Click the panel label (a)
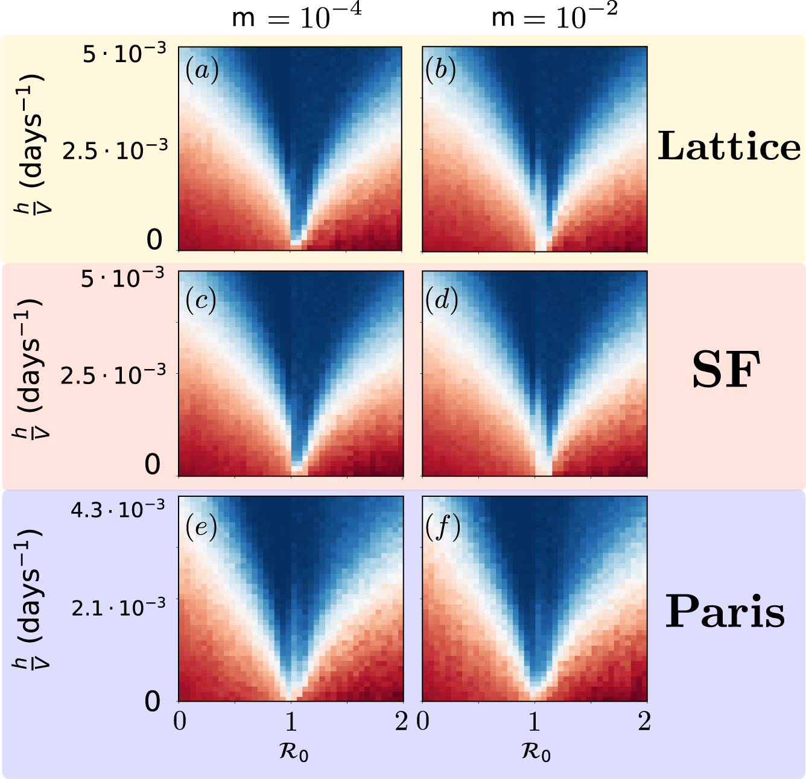pyautogui.click(x=201, y=71)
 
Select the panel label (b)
pyautogui.click(x=440, y=71)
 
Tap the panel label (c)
pyautogui.click(x=201, y=300)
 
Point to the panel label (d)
pyautogui.click(x=441, y=300)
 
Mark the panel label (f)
pyautogui.click(x=443, y=528)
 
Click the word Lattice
pyautogui.click(x=729, y=147)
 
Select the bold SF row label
pyautogui.click(x=723, y=371)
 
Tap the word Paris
pyautogui.click(x=725, y=611)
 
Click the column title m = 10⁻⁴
pyautogui.click(x=296, y=17)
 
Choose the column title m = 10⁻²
pyautogui.click(x=554, y=17)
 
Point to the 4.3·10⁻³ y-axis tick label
pyautogui.click(x=118, y=509)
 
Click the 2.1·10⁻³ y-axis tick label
pyautogui.click(x=118, y=607)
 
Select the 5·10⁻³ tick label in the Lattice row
pyautogui.click(x=124, y=54)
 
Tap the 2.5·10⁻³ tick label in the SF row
pyautogui.click(x=113, y=374)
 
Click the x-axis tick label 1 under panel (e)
pyautogui.click(x=291, y=721)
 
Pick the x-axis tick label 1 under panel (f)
pyautogui.click(x=534, y=721)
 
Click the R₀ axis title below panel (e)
pyautogui.click(x=294, y=752)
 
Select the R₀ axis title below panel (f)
pyautogui.click(x=536, y=752)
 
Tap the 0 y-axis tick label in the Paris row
pyautogui.click(x=153, y=701)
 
